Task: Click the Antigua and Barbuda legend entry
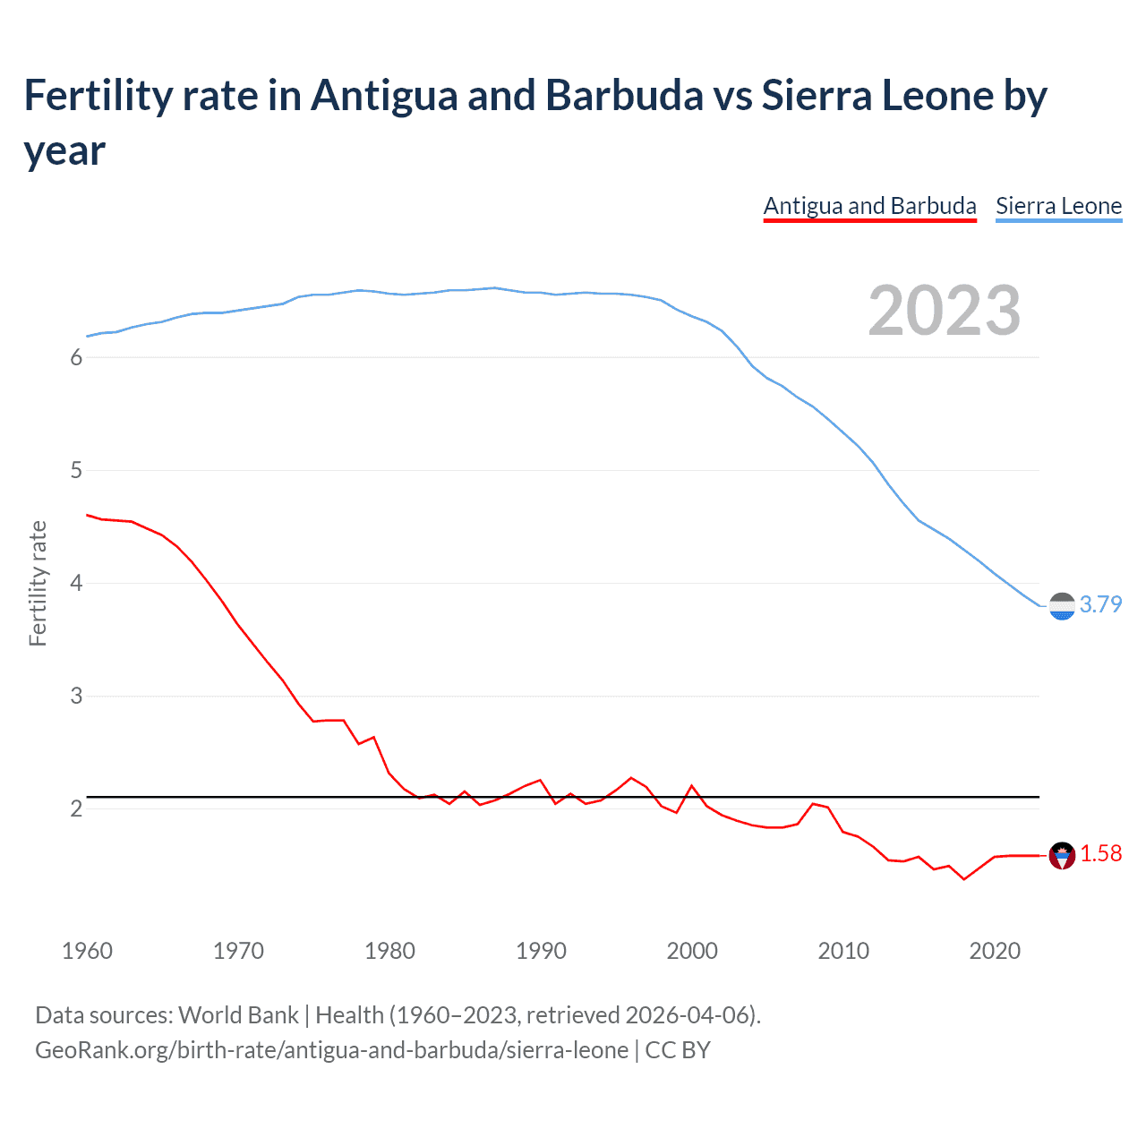869,206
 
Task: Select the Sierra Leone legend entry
1058,206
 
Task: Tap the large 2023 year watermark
945,311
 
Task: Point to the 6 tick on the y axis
76,357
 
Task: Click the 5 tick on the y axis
76,470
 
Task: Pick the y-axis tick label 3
76,696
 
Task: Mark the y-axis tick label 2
76,808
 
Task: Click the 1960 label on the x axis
87,951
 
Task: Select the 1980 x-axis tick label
389,951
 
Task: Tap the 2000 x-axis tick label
692,951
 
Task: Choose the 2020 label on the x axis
995,951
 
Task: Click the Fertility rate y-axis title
38,583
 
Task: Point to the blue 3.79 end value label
1100,604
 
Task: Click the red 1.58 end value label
1100,853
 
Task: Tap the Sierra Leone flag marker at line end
1062,606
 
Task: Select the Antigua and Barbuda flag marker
1062,856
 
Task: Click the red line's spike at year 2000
692,786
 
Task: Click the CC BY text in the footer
678,1049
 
